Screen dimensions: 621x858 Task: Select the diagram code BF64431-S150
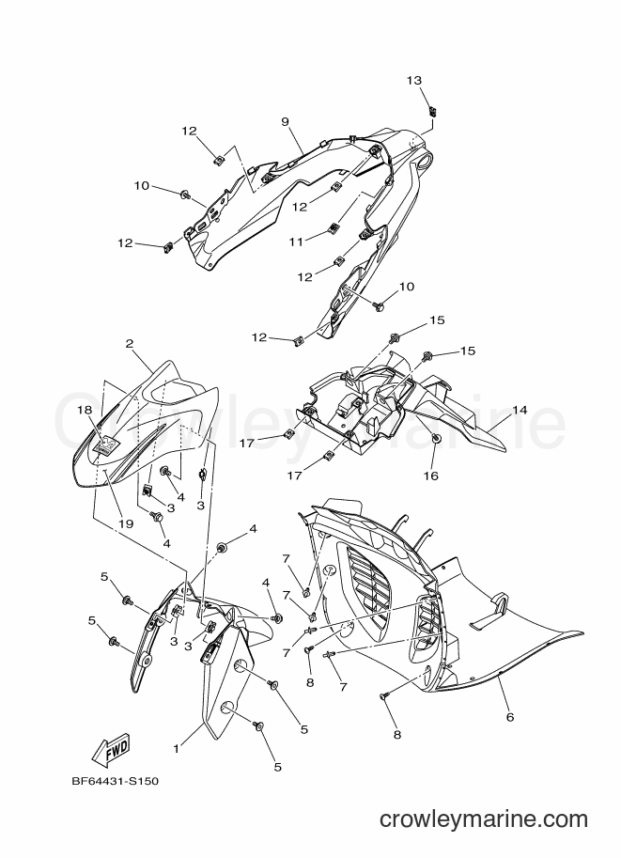115,781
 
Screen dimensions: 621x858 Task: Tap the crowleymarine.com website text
484,819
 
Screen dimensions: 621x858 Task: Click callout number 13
414,81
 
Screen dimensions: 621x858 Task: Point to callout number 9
285,121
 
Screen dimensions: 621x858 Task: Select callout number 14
520,410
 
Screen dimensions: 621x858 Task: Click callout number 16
431,476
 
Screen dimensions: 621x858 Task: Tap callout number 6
510,716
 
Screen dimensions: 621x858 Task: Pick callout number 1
177,749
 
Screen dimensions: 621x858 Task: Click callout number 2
129,344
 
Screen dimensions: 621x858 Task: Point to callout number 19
126,523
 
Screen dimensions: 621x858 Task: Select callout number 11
296,242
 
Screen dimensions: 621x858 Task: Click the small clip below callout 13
433,112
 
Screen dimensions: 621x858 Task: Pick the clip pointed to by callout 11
333,227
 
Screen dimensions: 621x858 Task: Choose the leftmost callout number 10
141,185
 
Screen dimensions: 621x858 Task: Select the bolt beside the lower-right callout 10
378,305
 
